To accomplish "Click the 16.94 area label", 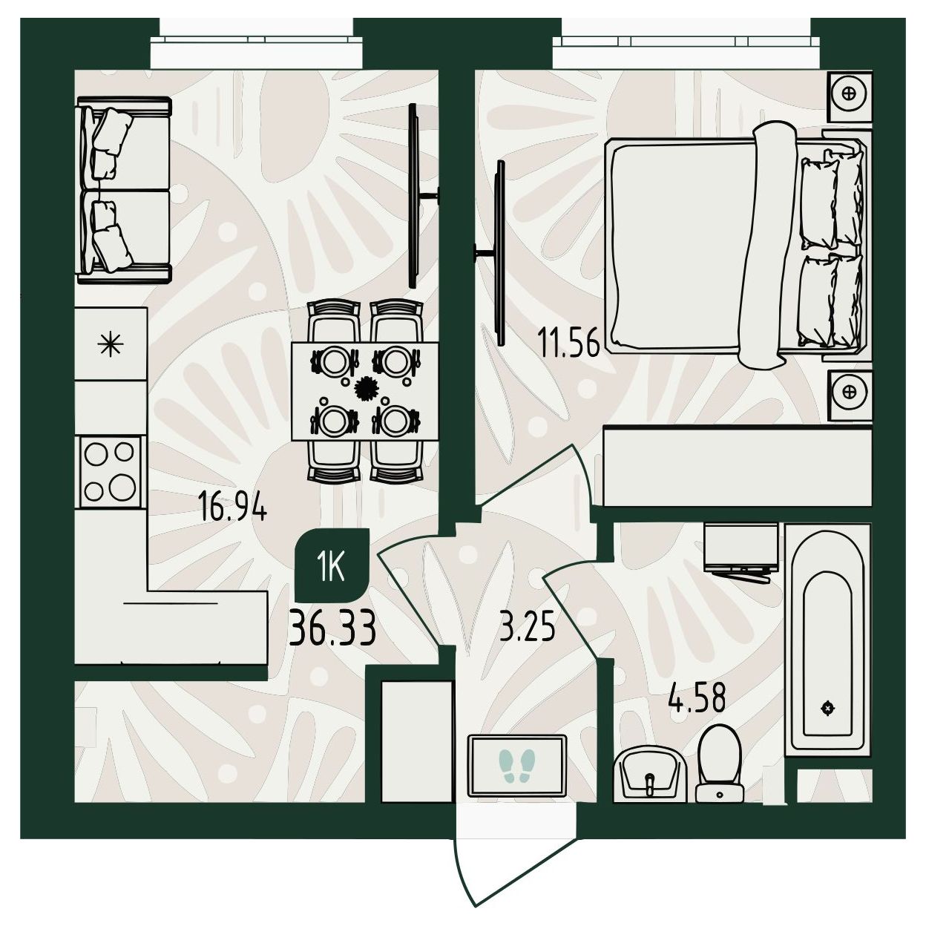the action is click(233, 509).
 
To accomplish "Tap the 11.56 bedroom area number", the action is click(569, 343).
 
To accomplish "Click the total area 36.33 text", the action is click(332, 630).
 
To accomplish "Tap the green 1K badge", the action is click(332, 566).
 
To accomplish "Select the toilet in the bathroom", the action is click(720, 763).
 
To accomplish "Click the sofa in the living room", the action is click(123, 189).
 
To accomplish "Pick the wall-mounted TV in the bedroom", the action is click(496, 253).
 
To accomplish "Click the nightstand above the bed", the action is click(850, 96).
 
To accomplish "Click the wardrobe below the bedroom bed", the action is click(737, 466).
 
